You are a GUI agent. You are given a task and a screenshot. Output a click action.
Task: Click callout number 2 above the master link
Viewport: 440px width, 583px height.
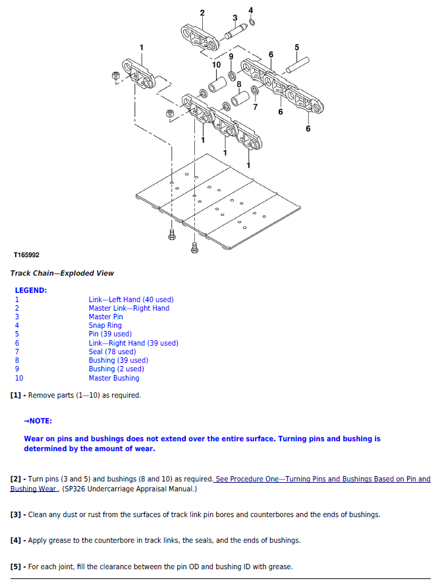pyautogui.click(x=202, y=13)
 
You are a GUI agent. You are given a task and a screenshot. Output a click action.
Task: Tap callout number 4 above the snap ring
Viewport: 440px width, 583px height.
pyautogui.click(x=250, y=10)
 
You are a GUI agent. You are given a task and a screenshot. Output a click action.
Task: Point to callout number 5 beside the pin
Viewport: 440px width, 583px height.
pyautogui.click(x=296, y=47)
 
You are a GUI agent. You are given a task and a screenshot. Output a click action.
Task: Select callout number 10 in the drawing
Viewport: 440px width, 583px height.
pyautogui.click(x=216, y=65)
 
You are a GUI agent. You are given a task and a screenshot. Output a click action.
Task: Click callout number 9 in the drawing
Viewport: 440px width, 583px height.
pyautogui.click(x=231, y=57)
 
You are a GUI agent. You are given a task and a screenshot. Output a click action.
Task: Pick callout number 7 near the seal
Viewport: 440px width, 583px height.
pyautogui.click(x=255, y=107)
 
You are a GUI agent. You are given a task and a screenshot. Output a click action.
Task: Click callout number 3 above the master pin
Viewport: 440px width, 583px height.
pyautogui.click(x=234, y=18)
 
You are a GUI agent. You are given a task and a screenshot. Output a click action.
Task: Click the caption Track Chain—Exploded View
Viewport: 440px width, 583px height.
pyautogui.click(x=62, y=273)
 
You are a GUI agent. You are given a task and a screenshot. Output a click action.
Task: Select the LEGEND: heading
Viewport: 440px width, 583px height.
pyautogui.click(x=31, y=290)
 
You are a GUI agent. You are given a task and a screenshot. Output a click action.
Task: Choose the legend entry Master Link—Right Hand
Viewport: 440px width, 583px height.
pyautogui.click(x=128, y=308)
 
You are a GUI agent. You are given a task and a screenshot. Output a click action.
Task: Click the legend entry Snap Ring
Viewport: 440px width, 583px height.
pyautogui.click(x=105, y=325)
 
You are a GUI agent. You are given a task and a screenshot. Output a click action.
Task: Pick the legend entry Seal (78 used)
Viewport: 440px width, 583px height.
pyautogui.click(x=112, y=352)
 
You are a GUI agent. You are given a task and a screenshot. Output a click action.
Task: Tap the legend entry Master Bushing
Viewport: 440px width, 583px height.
pyautogui.click(x=114, y=378)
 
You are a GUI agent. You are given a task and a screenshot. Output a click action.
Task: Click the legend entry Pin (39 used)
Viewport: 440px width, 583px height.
pyautogui.click(x=110, y=334)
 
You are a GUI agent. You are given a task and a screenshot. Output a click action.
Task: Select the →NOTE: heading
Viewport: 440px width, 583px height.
pyautogui.click(x=38, y=421)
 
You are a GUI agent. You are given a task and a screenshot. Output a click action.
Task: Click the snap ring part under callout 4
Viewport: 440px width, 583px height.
pyautogui.click(x=254, y=23)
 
